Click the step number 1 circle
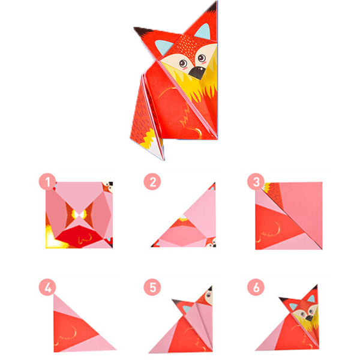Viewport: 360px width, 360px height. [x=47, y=182]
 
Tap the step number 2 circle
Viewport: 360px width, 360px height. [x=152, y=182]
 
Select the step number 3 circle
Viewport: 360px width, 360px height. [x=256, y=182]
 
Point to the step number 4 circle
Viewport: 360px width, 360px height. [x=47, y=287]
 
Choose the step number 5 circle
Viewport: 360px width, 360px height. [x=152, y=287]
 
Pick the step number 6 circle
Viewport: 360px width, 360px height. [x=256, y=287]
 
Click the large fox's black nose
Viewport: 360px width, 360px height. [x=197, y=73]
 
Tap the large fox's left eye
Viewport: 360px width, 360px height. [x=183, y=63]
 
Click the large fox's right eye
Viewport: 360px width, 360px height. [x=202, y=58]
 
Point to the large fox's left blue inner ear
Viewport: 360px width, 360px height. [x=163, y=47]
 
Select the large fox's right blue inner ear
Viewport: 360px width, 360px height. [x=203, y=32]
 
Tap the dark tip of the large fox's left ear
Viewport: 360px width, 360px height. [x=141, y=31]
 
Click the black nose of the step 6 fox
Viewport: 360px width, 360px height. [x=309, y=317]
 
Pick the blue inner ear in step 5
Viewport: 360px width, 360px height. [x=187, y=309]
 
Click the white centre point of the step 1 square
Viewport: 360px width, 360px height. [x=79, y=215]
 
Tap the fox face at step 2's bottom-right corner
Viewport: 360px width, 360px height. [x=211, y=242]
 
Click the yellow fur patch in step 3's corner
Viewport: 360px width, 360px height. [x=267, y=187]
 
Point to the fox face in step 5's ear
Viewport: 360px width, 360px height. [x=208, y=295]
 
